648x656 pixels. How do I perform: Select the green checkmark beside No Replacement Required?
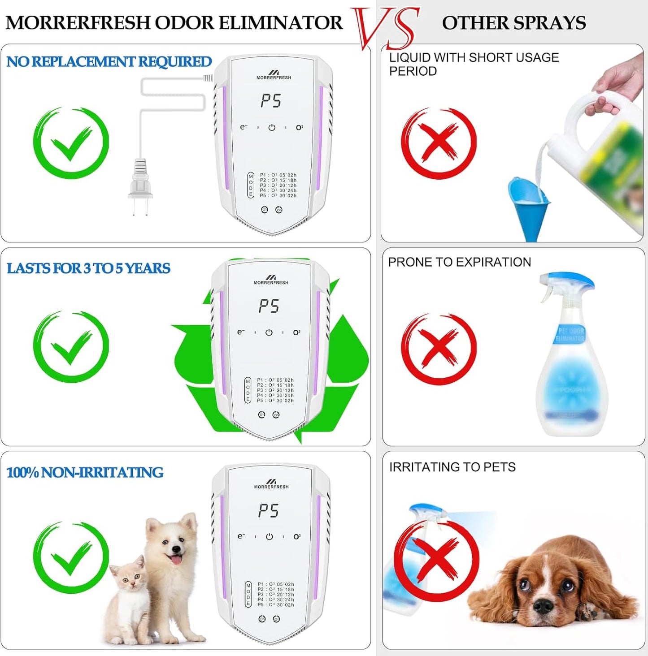(71, 143)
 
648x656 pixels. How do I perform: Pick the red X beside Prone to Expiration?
(439, 349)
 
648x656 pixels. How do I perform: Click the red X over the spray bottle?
(436, 560)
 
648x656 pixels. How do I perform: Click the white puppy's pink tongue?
(176, 559)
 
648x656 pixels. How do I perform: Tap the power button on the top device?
(272, 128)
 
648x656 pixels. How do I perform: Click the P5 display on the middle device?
(269, 306)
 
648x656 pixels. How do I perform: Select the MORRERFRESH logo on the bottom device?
(271, 484)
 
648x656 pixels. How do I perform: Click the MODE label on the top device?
(251, 186)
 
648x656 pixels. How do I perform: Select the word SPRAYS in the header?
(551, 23)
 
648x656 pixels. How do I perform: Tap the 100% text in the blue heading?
(22, 472)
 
